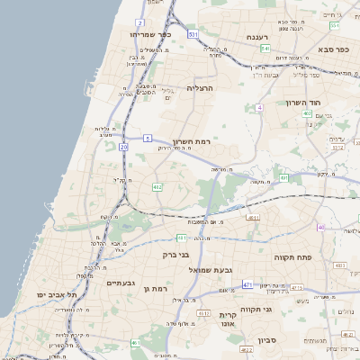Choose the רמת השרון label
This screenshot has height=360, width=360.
coord(190,143)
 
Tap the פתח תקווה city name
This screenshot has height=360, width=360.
coord(292,256)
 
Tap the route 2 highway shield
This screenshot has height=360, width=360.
coord(140,22)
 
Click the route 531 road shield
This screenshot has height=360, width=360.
coord(193,33)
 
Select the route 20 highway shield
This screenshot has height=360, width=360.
coord(122,147)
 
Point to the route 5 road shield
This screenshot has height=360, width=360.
coord(147,138)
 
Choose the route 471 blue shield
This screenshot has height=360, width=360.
coord(247,284)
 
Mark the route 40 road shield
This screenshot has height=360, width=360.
coord(320,228)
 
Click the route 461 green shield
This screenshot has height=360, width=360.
coord(136,343)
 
